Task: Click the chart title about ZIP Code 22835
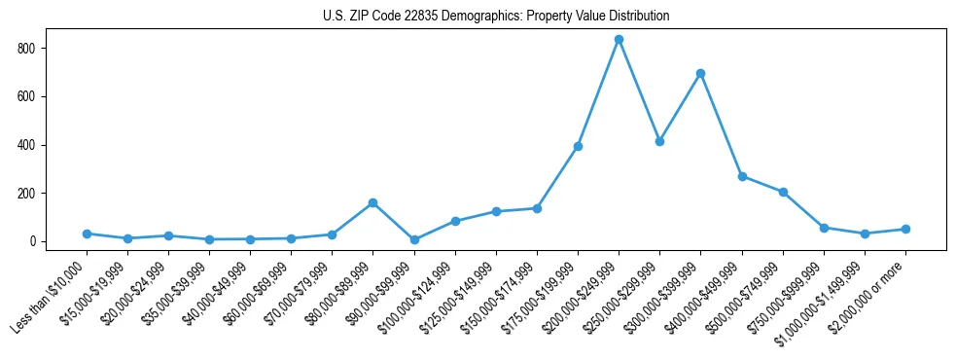click(496, 17)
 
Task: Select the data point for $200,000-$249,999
click(619, 40)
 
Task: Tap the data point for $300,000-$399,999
click(700, 73)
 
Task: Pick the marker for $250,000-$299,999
click(659, 141)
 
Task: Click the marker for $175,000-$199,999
click(578, 147)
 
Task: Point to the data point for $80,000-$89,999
click(372, 203)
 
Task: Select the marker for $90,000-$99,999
click(414, 239)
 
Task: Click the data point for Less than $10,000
click(87, 234)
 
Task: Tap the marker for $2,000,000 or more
click(905, 230)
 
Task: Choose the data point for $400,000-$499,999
click(742, 177)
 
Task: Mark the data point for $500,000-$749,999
click(783, 192)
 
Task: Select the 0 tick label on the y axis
click(32, 241)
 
